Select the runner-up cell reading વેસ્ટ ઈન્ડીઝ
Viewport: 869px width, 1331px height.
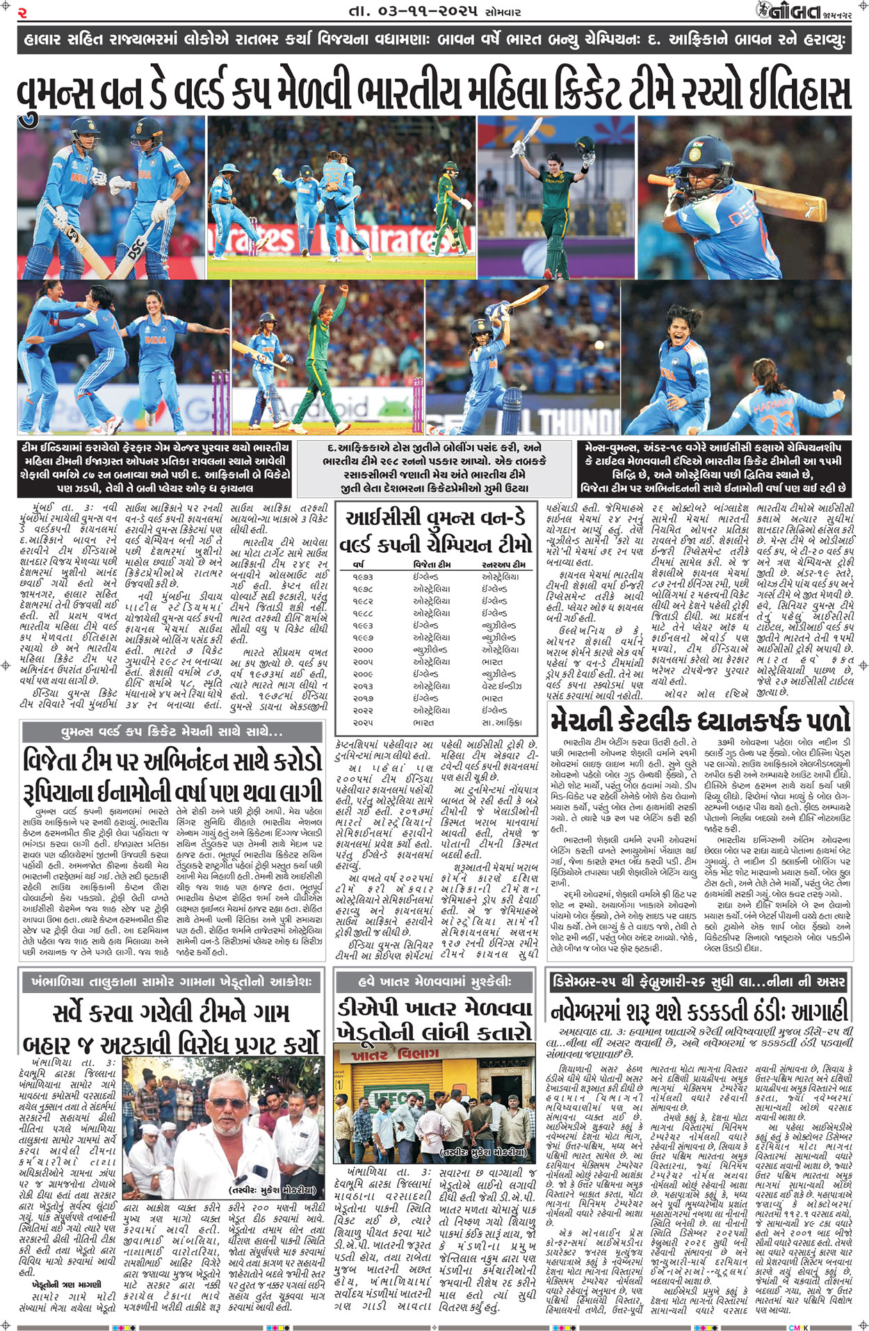(501, 686)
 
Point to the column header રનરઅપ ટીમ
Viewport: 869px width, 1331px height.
(504, 565)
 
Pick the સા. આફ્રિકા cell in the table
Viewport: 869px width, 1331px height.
(501, 723)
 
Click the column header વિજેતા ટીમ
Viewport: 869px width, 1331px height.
(432, 565)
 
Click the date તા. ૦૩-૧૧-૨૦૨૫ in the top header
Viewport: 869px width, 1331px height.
(414, 11)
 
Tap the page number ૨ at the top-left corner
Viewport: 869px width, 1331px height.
(22, 12)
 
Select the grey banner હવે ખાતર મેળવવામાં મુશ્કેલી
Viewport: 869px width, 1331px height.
(434, 981)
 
